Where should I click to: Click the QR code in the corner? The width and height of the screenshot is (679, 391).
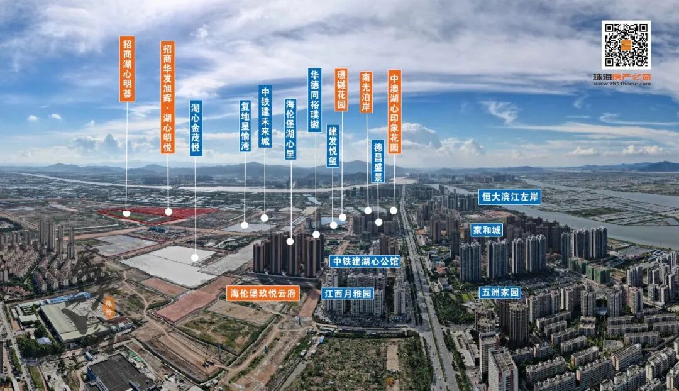pos(626,45)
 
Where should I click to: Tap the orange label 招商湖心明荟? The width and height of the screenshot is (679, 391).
pos(127,69)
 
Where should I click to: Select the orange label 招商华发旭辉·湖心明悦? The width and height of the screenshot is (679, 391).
pos(167,97)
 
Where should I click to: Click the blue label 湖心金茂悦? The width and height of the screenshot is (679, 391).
pos(196,128)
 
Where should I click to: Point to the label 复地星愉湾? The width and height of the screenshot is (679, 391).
pos(245,126)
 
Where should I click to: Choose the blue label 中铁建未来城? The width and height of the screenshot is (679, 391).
pos(265,116)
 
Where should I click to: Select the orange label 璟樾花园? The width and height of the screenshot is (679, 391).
pos(341,89)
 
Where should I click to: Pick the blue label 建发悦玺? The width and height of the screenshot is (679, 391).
pos(333,145)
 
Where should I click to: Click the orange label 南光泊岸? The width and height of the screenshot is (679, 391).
pos(367,92)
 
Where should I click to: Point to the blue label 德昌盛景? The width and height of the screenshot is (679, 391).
pos(378,162)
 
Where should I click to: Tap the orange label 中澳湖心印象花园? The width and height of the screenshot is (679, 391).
pos(394,111)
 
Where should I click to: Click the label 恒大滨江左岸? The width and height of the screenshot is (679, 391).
pos(509,197)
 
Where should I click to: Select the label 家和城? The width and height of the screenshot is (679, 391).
pos(487,230)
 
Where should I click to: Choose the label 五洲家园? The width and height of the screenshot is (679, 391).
pos(500,292)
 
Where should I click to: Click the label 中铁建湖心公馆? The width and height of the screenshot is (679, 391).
pos(365,261)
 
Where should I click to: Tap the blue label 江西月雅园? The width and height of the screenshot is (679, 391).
pos(348,294)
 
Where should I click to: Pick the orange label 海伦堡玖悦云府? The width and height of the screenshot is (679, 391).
pos(263,294)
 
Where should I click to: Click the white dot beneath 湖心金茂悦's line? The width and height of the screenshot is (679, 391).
pos(195,257)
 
